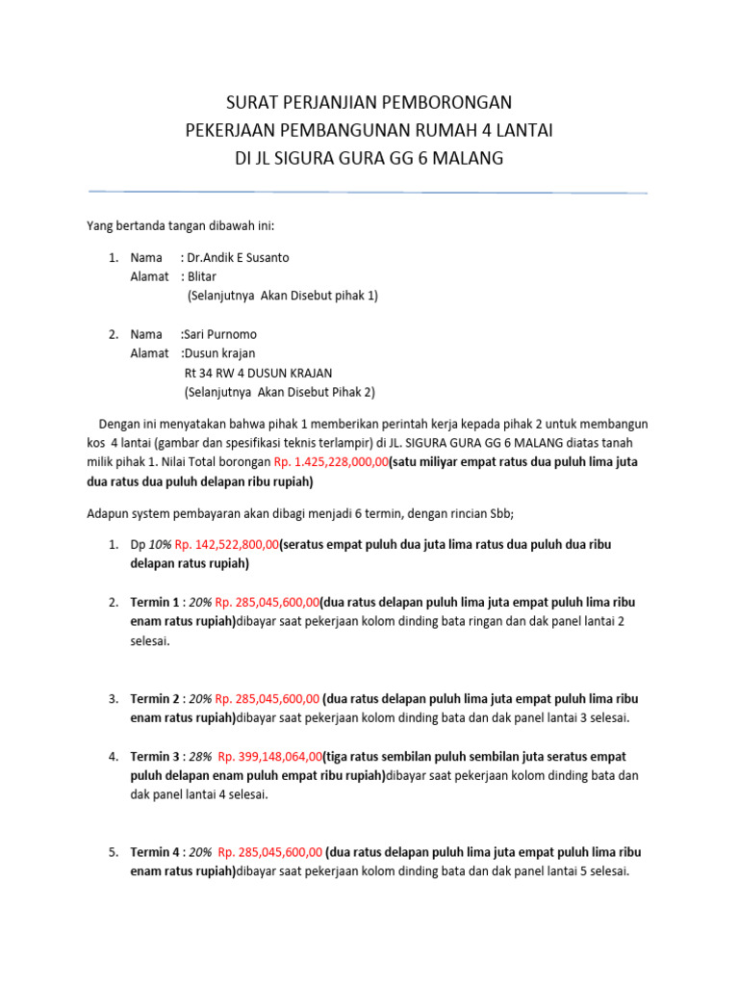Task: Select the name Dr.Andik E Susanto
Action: point(238,258)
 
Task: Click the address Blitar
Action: point(202,277)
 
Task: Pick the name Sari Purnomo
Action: point(220,334)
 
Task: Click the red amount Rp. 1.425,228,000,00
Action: point(331,462)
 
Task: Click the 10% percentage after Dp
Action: point(161,545)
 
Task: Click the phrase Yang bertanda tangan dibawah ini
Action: point(180,225)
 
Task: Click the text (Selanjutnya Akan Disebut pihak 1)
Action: point(283,297)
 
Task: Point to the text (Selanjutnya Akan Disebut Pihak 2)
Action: point(279,392)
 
